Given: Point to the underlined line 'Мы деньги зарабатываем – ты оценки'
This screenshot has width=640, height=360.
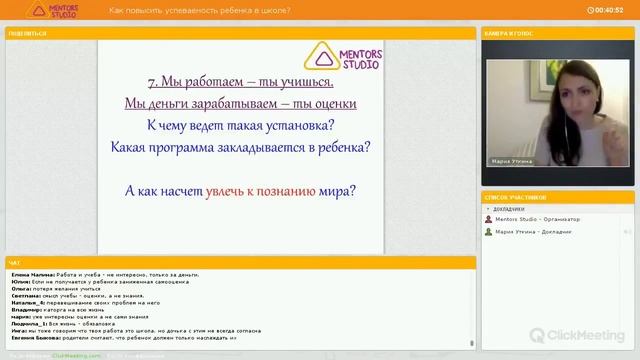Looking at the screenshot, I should tap(239, 103).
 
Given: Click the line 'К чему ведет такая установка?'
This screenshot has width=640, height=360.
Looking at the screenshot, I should tap(239, 125).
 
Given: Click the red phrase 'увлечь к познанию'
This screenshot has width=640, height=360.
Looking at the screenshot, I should tap(261, 190).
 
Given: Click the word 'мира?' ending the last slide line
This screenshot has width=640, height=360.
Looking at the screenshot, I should tap(339, 190).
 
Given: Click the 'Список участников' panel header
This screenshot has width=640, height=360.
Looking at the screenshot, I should tap(515, 198).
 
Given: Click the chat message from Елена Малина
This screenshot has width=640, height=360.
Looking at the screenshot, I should tap(105, 274).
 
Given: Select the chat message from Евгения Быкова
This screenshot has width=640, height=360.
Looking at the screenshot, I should tap(125, 338).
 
